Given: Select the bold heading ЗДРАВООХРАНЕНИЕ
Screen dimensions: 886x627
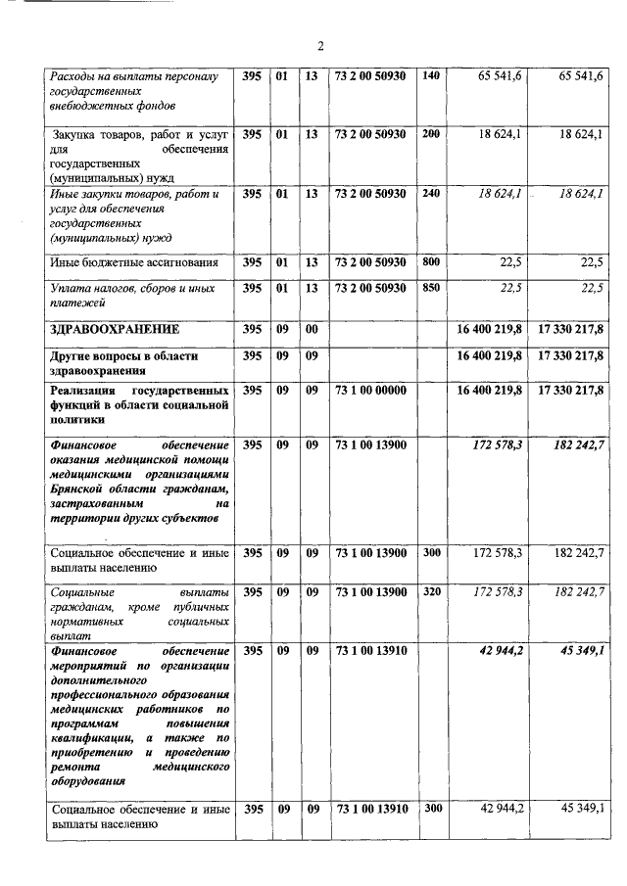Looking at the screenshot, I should (112, 330).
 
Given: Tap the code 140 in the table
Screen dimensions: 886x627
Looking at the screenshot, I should (431, 76).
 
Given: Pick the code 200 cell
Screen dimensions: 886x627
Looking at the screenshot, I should (431, 134).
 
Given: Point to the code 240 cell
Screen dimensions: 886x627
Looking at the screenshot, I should (431, 194).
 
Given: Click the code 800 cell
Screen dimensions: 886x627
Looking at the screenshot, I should (431, 261).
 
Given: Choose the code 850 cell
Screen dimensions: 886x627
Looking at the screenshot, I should (431, 288).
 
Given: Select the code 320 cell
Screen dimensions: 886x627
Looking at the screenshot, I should (431, 592).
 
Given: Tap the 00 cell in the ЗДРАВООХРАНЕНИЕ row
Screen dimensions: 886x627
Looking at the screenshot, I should (312, 330).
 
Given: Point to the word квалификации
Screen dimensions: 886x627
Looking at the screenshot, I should (88, 736).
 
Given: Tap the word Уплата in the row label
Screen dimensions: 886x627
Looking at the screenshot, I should (71, 288).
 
